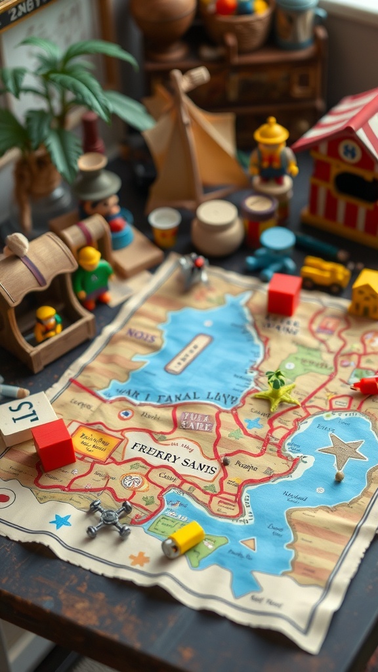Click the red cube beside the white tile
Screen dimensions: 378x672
click(x=54, y=444)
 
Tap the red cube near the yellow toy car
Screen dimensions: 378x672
click(x=284, y=294)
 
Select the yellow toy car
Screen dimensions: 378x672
click(x=325, y=274)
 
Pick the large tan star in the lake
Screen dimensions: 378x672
click(x=343, y=451)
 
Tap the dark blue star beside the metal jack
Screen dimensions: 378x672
click(x=61, y=521)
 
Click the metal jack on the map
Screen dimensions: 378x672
click(x=109, y=519)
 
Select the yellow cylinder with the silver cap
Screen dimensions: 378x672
click(x=183, y=539)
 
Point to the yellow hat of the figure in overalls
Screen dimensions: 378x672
click(x=271, y=131)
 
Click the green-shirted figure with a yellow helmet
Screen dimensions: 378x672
click(x=92, y=276)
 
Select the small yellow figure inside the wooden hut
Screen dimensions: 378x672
click(x=47, y=323)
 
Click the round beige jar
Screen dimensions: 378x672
click(x=217, y=228)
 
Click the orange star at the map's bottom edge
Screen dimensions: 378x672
click(x=139, y=559)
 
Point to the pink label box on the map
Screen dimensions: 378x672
click(x=196, y=421)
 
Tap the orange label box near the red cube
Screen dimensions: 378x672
click(x=96, y=442)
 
